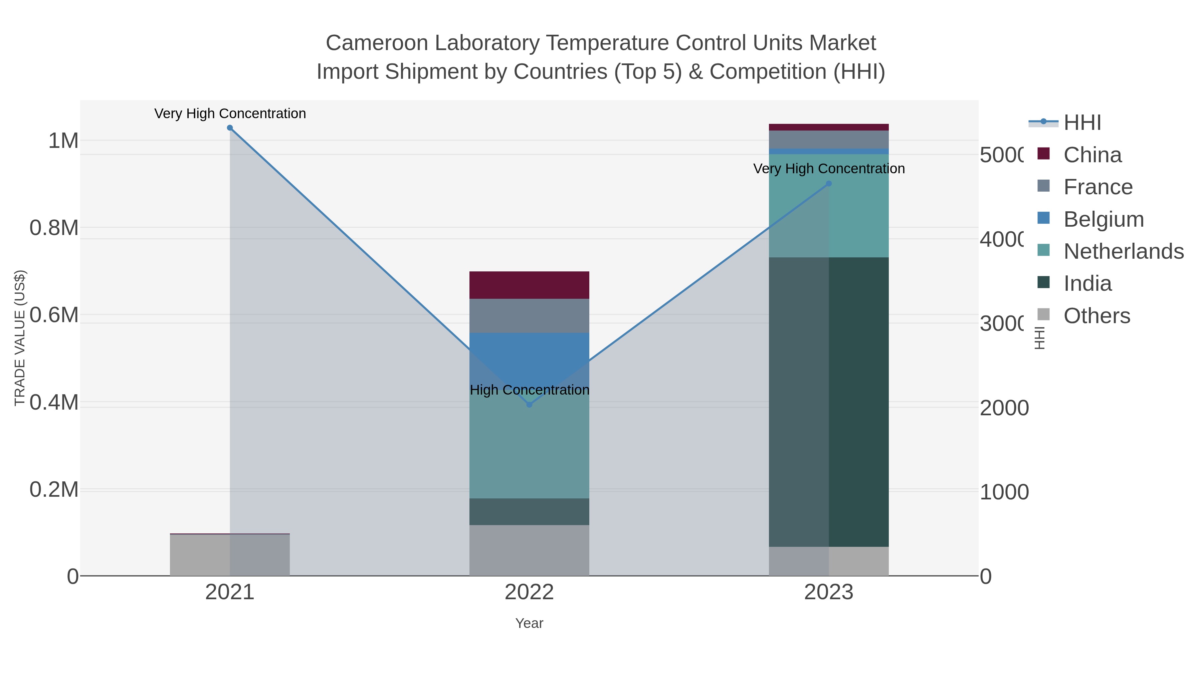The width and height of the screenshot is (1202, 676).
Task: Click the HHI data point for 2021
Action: (x=230, y=128)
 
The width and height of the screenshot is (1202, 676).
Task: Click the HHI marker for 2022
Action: (x=529, y=405)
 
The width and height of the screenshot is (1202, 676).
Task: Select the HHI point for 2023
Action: (x=829, y=184)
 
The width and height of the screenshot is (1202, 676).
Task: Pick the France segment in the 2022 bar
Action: (x=529, y=315)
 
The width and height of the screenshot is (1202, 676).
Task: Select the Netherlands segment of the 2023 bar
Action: (x=858, y=210)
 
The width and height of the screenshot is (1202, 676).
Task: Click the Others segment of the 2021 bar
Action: (x=201, y=555)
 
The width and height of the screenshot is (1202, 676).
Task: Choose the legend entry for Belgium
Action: (x=1103, y=219)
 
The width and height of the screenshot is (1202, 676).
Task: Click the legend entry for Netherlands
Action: (x=1123, y=251)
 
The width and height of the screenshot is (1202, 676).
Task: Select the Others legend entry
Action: (x=1096, y=316)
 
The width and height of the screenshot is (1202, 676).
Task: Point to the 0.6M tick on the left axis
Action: (x=54, y=315)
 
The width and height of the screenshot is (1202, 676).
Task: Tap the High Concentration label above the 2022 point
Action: (x=529, y=390)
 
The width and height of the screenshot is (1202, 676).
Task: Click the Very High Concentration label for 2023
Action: (x=829, y=169)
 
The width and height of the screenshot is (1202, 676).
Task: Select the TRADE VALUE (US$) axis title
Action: (x=20, y=338)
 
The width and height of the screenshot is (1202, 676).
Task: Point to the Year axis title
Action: (x=529, y=623)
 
